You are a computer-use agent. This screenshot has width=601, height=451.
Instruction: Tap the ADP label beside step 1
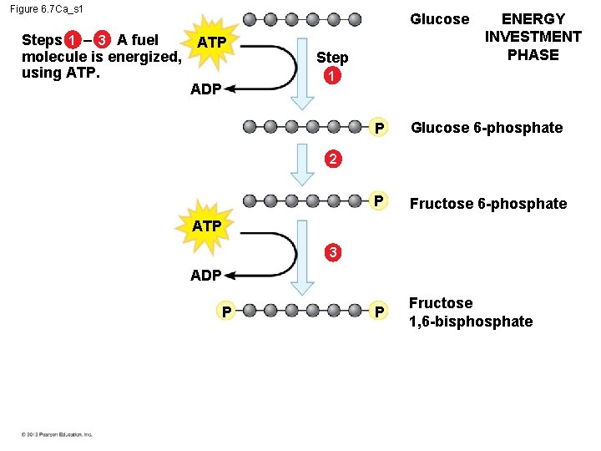[205, 89]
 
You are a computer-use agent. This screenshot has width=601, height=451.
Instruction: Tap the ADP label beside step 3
[205, 275]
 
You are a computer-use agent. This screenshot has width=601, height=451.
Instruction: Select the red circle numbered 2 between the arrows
[332, 159]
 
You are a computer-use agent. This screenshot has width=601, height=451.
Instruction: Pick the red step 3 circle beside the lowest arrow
[332, 251]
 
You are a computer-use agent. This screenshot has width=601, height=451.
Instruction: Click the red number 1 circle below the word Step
[332, 75]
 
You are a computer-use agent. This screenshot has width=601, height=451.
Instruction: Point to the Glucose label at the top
[439, 19]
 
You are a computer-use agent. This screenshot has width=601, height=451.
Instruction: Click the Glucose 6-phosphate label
[487, 128]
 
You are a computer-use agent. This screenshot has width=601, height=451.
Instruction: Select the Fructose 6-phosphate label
[487, 204]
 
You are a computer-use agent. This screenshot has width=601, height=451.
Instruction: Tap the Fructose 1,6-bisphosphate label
[470, 312]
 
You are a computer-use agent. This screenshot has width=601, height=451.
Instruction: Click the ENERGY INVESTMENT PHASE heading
[533, 37]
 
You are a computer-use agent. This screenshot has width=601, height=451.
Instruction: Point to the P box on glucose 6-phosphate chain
[378, 128]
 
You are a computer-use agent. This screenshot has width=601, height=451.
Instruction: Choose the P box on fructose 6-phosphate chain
[378, 201]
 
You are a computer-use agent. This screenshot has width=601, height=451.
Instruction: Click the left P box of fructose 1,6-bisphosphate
[225, 312]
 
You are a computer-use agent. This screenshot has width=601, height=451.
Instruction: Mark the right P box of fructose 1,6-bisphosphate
[378, 312]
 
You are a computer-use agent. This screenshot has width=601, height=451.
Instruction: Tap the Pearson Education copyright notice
[58, 434]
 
